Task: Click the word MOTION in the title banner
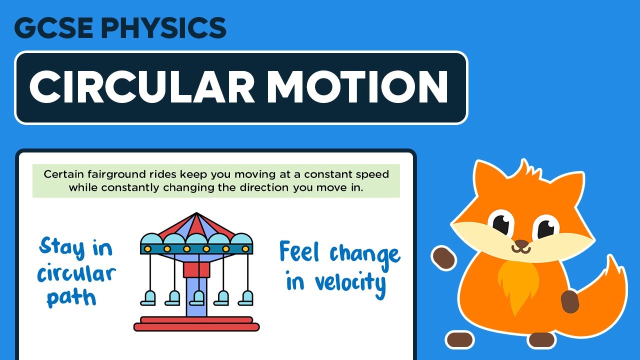(x=357, y=86)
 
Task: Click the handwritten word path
(x=71, y=297)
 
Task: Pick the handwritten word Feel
(x=299, y=252)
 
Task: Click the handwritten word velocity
(x=350, y=282)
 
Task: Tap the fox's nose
(x=521, y=244)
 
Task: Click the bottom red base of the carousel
(x=196, y=327)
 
